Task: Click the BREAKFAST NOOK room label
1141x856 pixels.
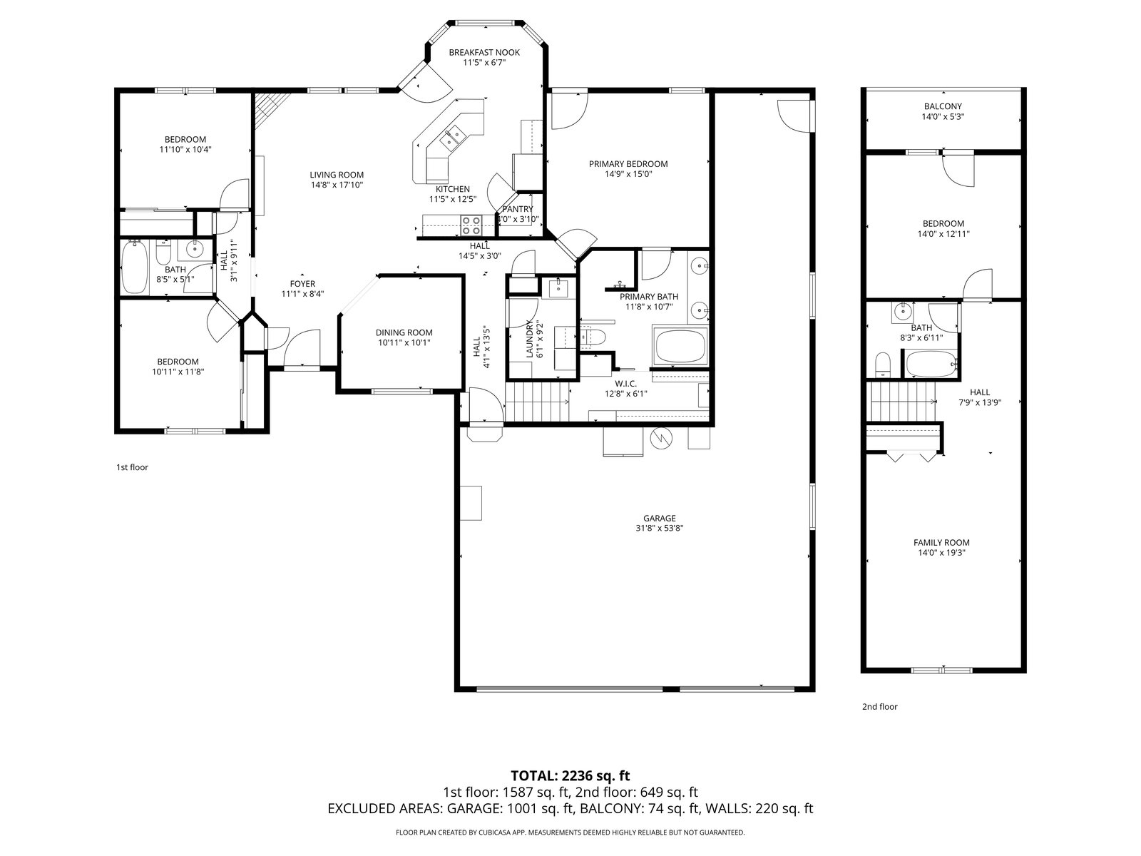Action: click(484, 53)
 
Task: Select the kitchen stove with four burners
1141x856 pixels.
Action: click(471, 225)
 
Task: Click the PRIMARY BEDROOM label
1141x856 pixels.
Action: click(628, 164)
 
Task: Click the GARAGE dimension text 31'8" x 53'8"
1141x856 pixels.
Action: click(660, 529)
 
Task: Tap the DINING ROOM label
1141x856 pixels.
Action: click(404, 332)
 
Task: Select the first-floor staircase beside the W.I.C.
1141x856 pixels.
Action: click(537, 402)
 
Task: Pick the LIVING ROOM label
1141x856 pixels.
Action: click(337, 175)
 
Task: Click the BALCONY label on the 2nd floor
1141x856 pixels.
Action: click(943, 106)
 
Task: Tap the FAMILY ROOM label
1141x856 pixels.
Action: click(941, 543)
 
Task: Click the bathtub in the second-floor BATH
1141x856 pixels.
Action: click(931, 363)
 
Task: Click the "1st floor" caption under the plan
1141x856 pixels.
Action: click(132, 467)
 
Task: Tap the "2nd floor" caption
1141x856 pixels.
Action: click(879, 707)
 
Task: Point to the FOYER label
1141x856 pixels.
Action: click(302, 284)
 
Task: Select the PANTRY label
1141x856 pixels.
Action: click(518, 210)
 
